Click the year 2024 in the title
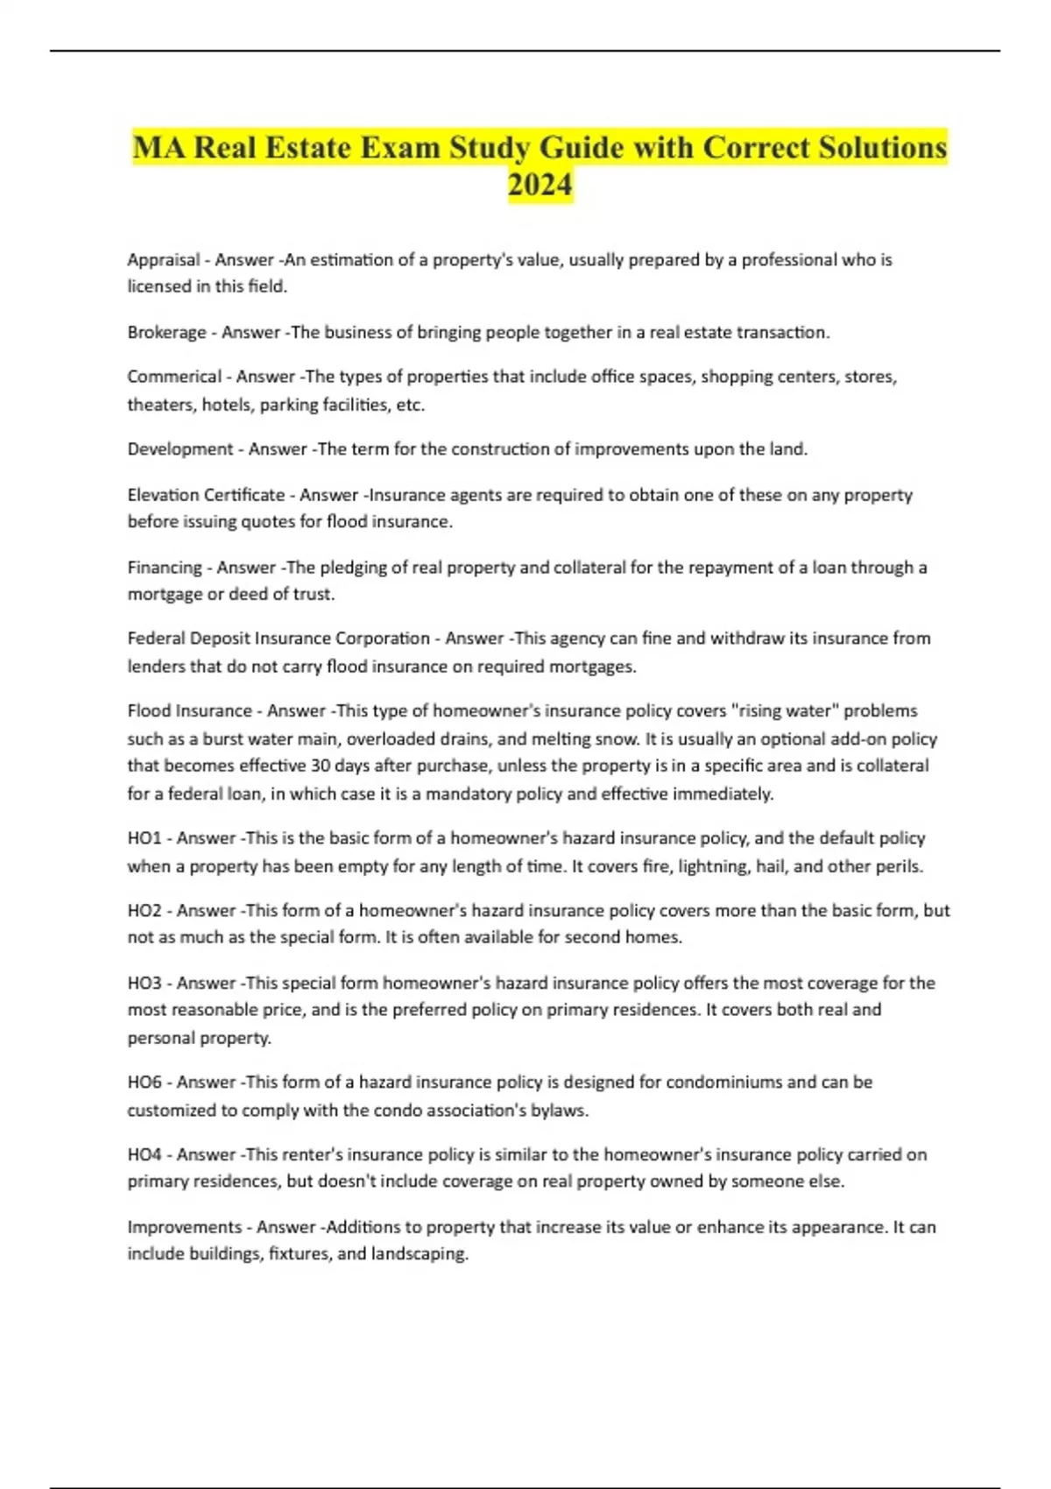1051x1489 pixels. (540, 185)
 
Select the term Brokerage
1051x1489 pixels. (166, 333)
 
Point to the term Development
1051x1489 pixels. (180, 449)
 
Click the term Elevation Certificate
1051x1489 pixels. (206, 495)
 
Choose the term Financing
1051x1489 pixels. (165, 568)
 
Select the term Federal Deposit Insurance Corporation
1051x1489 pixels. (279, 639)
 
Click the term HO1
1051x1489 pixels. (145, 838)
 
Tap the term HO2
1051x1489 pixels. (145, 911)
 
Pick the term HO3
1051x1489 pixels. (145, 984)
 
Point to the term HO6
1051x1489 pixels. (145, 1083)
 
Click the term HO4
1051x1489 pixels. (145, 1155)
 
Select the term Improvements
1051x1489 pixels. (185, 1227)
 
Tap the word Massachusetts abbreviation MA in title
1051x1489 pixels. (159, 147)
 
